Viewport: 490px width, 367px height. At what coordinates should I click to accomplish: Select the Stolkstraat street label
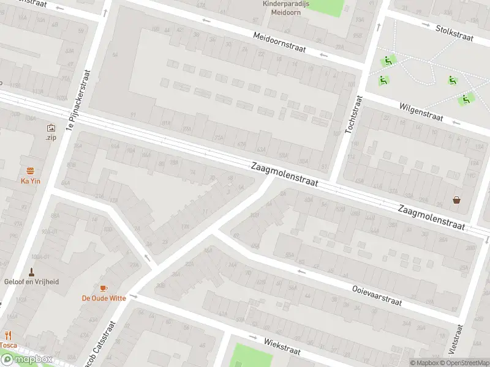point(454,32)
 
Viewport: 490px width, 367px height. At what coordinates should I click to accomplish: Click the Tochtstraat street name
point(355,114)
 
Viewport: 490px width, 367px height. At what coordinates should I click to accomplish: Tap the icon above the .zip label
point(50,128)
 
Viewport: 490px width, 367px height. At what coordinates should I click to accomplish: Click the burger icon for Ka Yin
point(30,171)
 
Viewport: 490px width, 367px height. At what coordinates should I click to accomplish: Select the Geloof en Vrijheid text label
point(31,281)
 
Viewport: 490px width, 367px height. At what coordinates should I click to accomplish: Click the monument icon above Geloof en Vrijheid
point(31,271)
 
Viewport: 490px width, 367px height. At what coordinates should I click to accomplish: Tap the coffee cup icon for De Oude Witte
point(104,288)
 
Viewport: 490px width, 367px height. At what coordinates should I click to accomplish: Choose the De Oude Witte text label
point(104,298)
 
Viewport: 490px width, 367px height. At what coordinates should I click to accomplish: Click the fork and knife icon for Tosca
point(9,335)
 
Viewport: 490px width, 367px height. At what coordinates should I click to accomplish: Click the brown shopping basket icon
point(456,199)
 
